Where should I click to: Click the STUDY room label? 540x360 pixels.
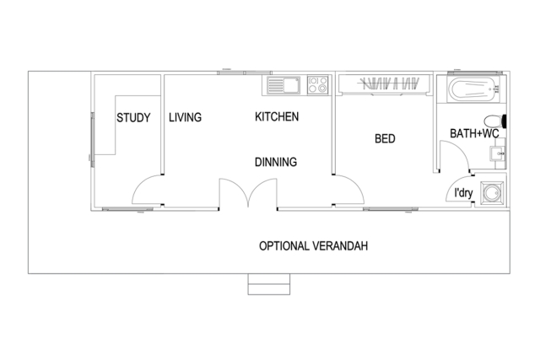tap(133, 118)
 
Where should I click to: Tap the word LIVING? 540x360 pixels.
tap(185, 117)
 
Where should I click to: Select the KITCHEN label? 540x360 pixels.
tap(277, 116)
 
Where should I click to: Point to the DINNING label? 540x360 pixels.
tap(276, 162)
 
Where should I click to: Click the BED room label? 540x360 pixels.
tap(385, 139)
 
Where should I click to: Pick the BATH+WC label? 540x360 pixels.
tap(474, 133)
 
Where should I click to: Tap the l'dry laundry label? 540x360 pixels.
tap(463, 193)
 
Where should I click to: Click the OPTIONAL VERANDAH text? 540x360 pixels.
tap(313, 246)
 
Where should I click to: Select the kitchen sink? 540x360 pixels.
tap(283, 85)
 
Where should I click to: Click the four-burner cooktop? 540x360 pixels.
tap(317, 85)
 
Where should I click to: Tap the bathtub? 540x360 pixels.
tap(473, 89)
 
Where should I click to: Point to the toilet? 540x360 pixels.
tap(495, 121)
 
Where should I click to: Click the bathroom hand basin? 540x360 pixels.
tap(497, 153)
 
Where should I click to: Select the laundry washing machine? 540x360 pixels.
tap(492, 193)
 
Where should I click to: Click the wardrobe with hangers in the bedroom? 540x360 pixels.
tap(385, 83)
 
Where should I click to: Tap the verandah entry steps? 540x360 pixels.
tap(269, 284)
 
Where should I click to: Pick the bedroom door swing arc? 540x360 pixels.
tap(356, 184)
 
